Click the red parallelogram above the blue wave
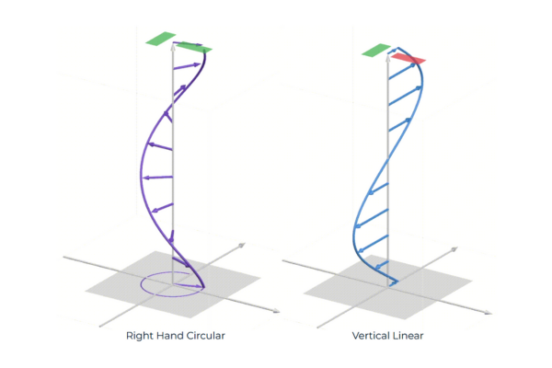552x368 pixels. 408,59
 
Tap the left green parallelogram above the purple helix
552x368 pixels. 160,39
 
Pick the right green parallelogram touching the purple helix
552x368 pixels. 194,47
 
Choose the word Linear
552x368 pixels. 410,336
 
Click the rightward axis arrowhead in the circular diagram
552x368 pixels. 278,313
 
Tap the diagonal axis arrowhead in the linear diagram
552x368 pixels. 454,247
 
